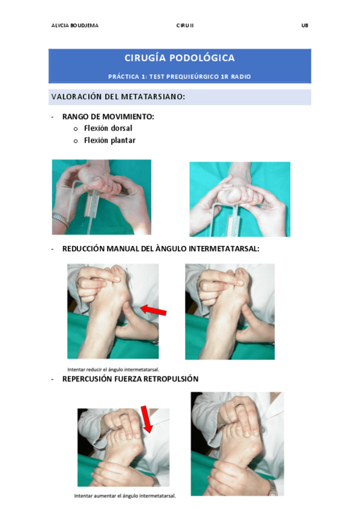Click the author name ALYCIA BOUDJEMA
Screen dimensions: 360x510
tap(75, 25)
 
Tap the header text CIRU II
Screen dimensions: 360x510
tap(185, 25)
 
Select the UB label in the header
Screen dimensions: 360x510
tap(305, 25)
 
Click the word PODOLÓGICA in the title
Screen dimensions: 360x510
tap(202, 58)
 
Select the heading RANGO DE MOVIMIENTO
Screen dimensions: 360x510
tap(108, 117)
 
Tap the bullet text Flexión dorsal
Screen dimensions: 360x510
tap(108, 128)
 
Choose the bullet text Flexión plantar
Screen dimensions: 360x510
tap(110, 140)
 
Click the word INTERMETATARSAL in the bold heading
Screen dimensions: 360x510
tap(224, 249)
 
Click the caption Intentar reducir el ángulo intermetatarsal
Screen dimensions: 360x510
tap(113, 369)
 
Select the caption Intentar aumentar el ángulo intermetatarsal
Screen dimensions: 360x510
tap(125, 496)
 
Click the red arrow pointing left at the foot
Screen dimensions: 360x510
tap(153, 310)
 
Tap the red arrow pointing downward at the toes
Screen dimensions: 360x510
tap(146, 420)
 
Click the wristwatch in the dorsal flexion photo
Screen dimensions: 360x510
tap(61, 220)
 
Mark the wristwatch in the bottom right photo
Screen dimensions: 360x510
tap(273, 487)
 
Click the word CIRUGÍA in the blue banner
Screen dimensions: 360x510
tap(145, 58)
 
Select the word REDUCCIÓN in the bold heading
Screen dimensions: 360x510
tap(84, 249)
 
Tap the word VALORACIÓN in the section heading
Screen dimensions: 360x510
tap(77, 97)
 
